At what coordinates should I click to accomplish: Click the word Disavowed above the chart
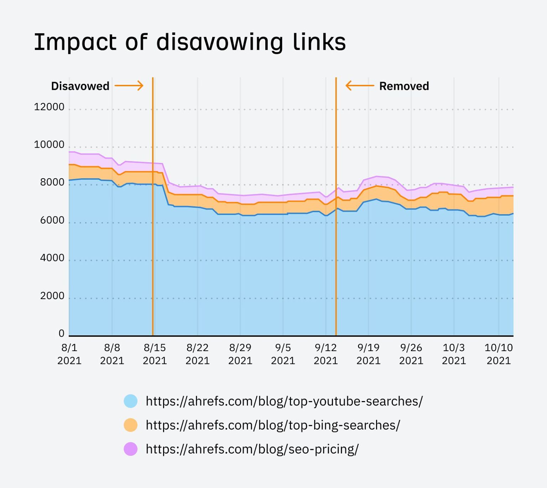pos(80,86)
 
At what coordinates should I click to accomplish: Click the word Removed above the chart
pos(404,86)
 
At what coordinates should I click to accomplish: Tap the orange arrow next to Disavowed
pos(129,86)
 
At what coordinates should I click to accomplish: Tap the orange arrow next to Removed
pos(360,86)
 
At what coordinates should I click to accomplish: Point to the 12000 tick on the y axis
pos(49,107)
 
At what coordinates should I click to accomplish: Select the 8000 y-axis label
pos(52,183)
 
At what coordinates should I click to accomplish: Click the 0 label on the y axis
pos(62,334)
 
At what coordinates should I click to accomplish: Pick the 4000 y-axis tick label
pos(52,258)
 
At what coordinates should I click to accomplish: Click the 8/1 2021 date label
pos(69,354)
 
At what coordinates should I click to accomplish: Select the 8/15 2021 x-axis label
pos(155,354)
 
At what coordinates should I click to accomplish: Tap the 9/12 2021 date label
pos(325,354)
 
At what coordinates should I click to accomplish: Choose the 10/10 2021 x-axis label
pos(499,354)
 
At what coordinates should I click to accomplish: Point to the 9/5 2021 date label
pos(283,354)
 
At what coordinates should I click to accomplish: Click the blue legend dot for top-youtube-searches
pos(131,401)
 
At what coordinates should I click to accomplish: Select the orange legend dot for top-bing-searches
pos(131,425)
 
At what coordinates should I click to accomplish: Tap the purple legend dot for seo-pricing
pos(131,449)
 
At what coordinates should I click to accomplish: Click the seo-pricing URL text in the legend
pos(252,449)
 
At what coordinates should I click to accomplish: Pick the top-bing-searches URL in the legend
pos(273,425)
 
